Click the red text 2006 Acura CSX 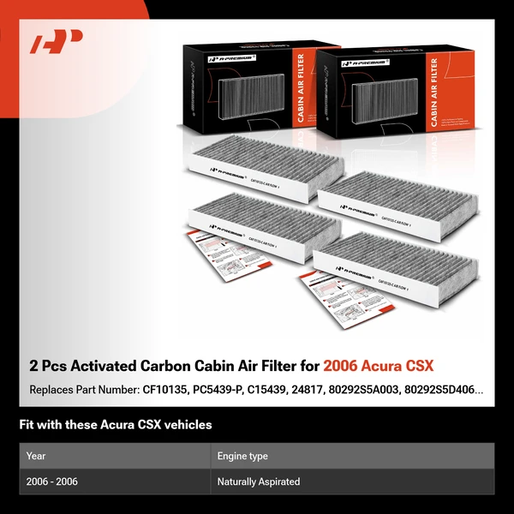pos(378,367)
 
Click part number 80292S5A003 pos(374,390)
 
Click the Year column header pos(36,456)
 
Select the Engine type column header pos(242,456)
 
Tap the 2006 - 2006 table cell pos(52,481)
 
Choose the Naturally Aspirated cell pos(259,481)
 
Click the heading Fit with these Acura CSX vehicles pos(116,424)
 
